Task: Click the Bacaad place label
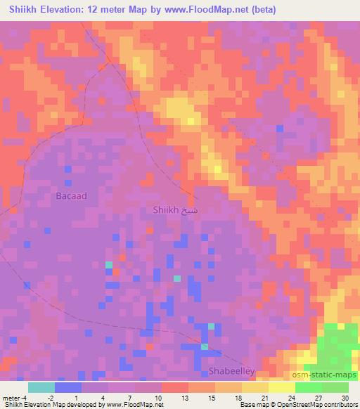72,196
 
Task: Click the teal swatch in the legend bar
41,387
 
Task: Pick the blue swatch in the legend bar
68,387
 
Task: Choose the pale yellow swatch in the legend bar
282,387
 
